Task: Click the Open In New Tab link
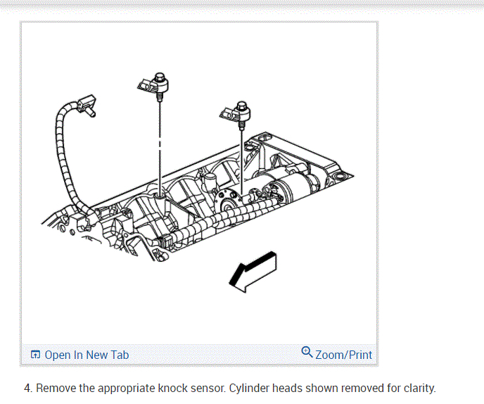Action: (87, 355)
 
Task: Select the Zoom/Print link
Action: (343, 355)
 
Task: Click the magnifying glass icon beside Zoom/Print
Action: (307, 352)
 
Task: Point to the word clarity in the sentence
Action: (416, 388)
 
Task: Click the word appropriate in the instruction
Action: (127, 388)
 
